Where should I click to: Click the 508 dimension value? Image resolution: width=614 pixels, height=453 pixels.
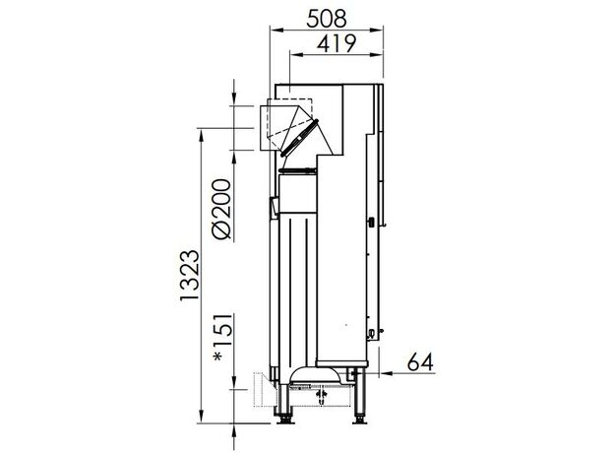point(327,19)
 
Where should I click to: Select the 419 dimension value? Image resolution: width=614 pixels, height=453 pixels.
point(337,43)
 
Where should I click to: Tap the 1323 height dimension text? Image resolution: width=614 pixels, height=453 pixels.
point(190,276)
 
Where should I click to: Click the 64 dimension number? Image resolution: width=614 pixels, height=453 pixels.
point(420,361)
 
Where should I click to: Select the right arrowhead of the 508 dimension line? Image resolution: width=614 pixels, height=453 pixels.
point(376,30)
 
